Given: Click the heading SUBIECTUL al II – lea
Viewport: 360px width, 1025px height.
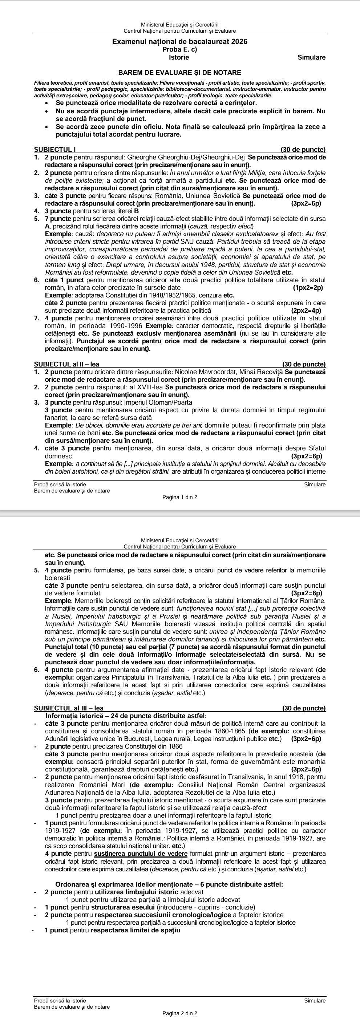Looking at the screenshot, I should pos(67,364).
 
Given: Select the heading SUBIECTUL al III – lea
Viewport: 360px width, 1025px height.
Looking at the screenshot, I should pos(69,708).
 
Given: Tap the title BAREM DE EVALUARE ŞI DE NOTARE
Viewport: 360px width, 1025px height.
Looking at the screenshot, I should pos(180,72).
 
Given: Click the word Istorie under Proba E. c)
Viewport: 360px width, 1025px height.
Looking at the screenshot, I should pos(179,57).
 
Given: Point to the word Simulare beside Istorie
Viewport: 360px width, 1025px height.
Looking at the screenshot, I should pos(311,57).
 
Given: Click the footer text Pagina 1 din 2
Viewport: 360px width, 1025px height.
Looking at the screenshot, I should pos(179,497).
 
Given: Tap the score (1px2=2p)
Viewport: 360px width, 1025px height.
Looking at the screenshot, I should pos(307,288).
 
